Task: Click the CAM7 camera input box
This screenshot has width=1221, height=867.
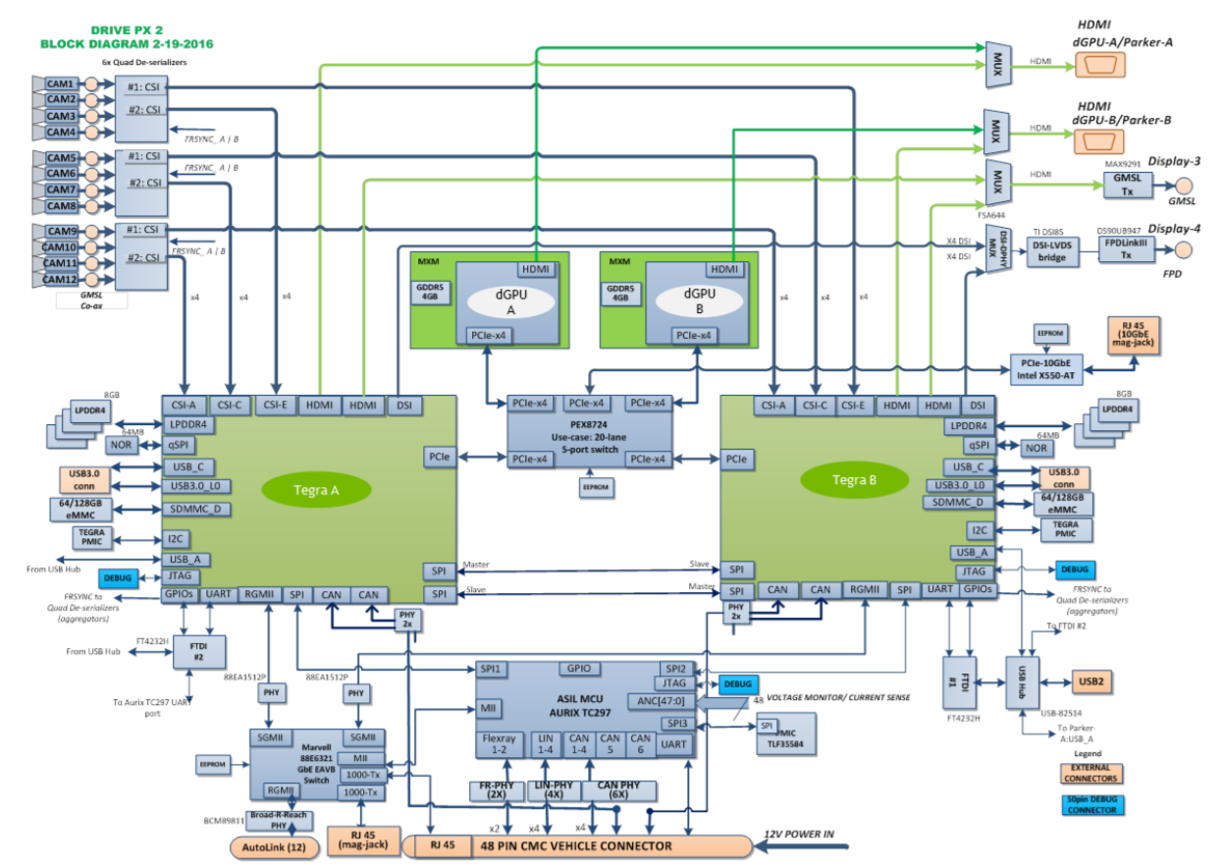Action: coord(61,190)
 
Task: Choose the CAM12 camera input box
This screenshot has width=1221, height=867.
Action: coord(61,279)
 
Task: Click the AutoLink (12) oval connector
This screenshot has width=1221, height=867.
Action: coord(275,846)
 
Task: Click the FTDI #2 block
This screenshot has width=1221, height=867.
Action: coord(198,651)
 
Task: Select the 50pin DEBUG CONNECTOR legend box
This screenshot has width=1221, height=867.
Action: coord(1091,803)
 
